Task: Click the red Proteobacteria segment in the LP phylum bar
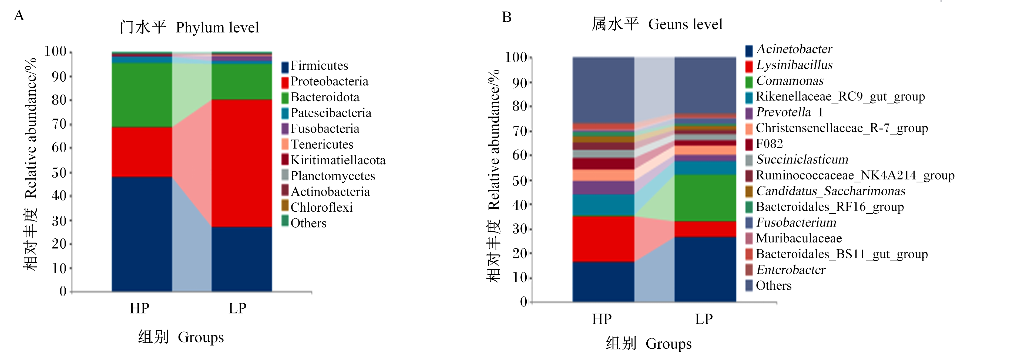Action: pyautogui.click(x=241, y=163)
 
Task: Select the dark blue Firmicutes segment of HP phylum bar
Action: pyautogui.click(x=142, y=234)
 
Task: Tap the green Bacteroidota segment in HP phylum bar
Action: pyautogui.click(x=142, y=95)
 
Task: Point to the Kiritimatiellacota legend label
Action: pyautogui.click(x=338, y=160)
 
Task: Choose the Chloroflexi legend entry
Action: pyautogui.click(x=321, y=207)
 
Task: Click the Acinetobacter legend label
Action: pyautogui.click(x=794, y=49)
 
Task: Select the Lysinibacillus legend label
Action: pyautogui.click(x=795, y=65)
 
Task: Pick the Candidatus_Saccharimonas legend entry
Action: pyautogui.click(x=831, y=191)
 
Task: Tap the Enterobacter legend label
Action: pyautogui.click(x=791, y=270)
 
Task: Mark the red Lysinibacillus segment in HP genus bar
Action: pyautogui.click(x=603, y=239)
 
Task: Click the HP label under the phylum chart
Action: pyautogui.click(x=140, y=308)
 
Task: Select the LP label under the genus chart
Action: pyautogui.click(x=704, y=319)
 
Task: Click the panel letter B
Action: pyautogui.click(x=507, y=17)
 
